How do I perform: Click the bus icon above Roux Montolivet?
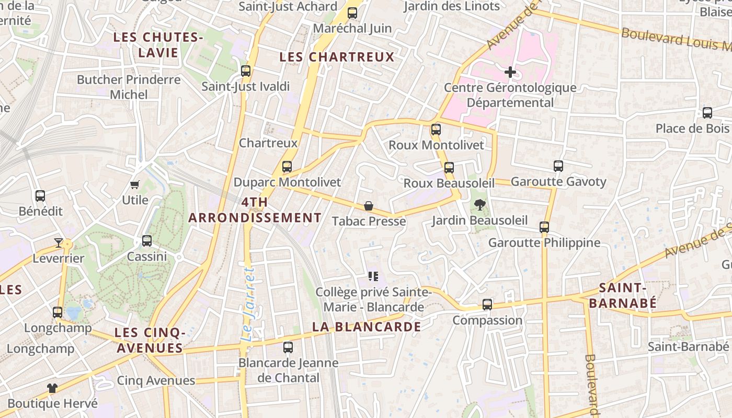point(436,129)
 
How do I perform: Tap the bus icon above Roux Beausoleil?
point(449,168)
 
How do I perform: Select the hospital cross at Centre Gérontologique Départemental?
point(510,72)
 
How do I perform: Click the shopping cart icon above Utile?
point(135,184)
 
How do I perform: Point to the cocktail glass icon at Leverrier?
point(58,243)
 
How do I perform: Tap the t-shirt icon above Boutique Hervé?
point(52,388)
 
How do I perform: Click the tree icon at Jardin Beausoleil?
point(479,205)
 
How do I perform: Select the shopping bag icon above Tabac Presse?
point(369,206)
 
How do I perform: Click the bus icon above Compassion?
point(487,304)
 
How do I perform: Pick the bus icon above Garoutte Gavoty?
point(558,166)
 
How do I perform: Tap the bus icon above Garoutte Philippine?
point(544,227)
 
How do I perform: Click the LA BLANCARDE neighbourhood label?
point(367,327)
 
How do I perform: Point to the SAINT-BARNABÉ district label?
point(620,295)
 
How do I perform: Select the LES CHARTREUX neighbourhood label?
point(337,57)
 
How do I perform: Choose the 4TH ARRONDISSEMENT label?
point(255,210)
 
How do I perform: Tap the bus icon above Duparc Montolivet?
point(287,167)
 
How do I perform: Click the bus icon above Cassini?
point(147,241)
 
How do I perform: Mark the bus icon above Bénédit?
point(40,196)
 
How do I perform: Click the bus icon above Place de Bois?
point(707,112)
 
